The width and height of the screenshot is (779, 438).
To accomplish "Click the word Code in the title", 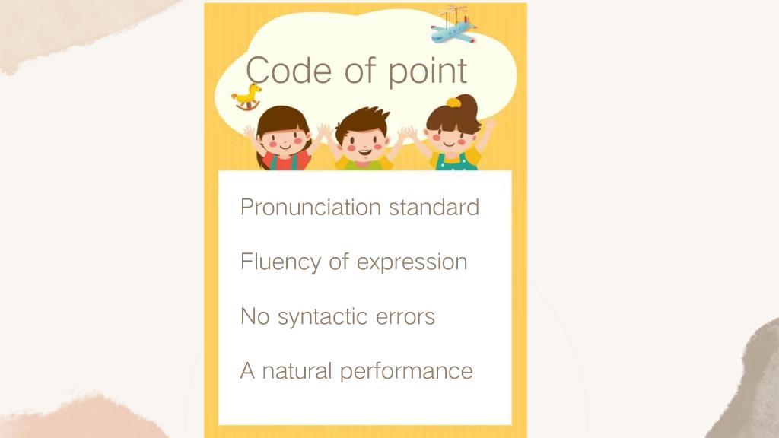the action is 288,70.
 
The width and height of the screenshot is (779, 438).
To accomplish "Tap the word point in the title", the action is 428,72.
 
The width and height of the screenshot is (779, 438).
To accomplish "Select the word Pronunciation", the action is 310,207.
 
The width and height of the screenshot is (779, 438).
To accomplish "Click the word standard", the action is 434,207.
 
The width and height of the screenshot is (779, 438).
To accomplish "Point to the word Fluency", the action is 281,262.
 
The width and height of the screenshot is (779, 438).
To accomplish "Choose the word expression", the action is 412,262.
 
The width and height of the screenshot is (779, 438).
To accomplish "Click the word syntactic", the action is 323,317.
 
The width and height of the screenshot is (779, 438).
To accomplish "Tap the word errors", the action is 405,317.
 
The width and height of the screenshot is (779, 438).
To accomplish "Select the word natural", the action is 297,370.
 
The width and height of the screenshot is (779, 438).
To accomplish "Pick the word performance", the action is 406,371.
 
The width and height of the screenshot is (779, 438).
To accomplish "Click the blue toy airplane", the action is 453,27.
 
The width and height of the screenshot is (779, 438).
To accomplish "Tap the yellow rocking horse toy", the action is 247,97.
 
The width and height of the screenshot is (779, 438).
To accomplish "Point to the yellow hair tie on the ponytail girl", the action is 453,103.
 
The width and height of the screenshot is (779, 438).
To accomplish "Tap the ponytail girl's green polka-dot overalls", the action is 456,163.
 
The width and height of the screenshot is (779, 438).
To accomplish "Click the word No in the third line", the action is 255,316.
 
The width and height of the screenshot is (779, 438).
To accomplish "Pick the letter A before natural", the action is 247,370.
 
